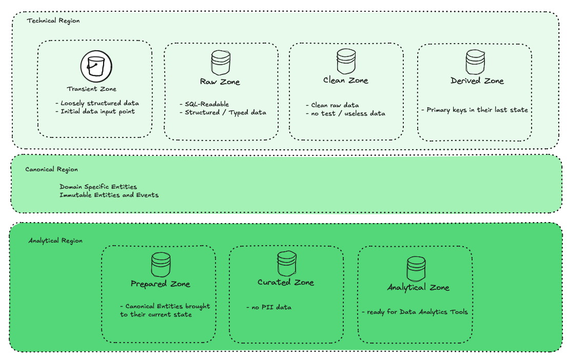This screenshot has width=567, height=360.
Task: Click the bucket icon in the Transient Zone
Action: [x=96, y=66]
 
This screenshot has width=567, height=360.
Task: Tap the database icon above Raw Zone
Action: [x=221, y=62]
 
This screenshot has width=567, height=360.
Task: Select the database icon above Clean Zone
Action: [x=346, y=61]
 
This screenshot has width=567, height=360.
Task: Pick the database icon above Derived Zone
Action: [x=475, y=62]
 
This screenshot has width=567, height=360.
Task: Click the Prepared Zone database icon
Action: [x=160, y=265]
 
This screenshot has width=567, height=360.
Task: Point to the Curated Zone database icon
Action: [x=286, y=264]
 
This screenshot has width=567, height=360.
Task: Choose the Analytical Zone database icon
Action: [x=416, y=268]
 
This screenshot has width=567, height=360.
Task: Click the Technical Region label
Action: [x=53, y=21]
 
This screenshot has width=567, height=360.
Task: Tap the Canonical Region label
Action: [x=52, y=169]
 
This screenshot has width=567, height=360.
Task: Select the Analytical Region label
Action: [x=55, y=241]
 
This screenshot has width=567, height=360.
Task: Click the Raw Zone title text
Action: [x=220, y=82]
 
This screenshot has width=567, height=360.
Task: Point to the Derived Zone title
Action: [x=477, y=81]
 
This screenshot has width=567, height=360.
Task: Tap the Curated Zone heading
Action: [x=286, y=283]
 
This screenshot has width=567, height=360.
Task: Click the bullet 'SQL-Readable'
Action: [x=207, y=104]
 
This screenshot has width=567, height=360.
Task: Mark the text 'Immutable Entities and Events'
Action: [x=109, y=195]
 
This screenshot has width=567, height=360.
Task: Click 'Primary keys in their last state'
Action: [x=475, y=110]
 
